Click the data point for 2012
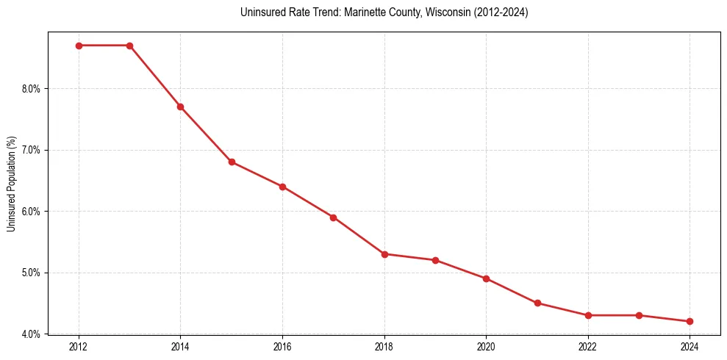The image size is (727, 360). coord(79,46)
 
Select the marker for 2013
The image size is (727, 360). coord(129,46)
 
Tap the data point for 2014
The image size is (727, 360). coord(180,107)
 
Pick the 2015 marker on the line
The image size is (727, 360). coord(232,162)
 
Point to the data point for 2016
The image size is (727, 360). coord(282,187)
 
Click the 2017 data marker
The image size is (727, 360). coord(333,217)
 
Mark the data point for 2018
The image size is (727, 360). coord(384,254)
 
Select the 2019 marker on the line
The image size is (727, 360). coord(435,260)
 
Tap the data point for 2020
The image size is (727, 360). coord(486,278)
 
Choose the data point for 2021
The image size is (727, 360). coord(537,303)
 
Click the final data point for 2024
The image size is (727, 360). coord(690,321)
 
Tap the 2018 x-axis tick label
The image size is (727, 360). coord(384,345)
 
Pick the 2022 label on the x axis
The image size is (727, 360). coord(588,345)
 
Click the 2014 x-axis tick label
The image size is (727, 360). coord(180,345)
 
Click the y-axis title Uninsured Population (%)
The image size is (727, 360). coord(11,184)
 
